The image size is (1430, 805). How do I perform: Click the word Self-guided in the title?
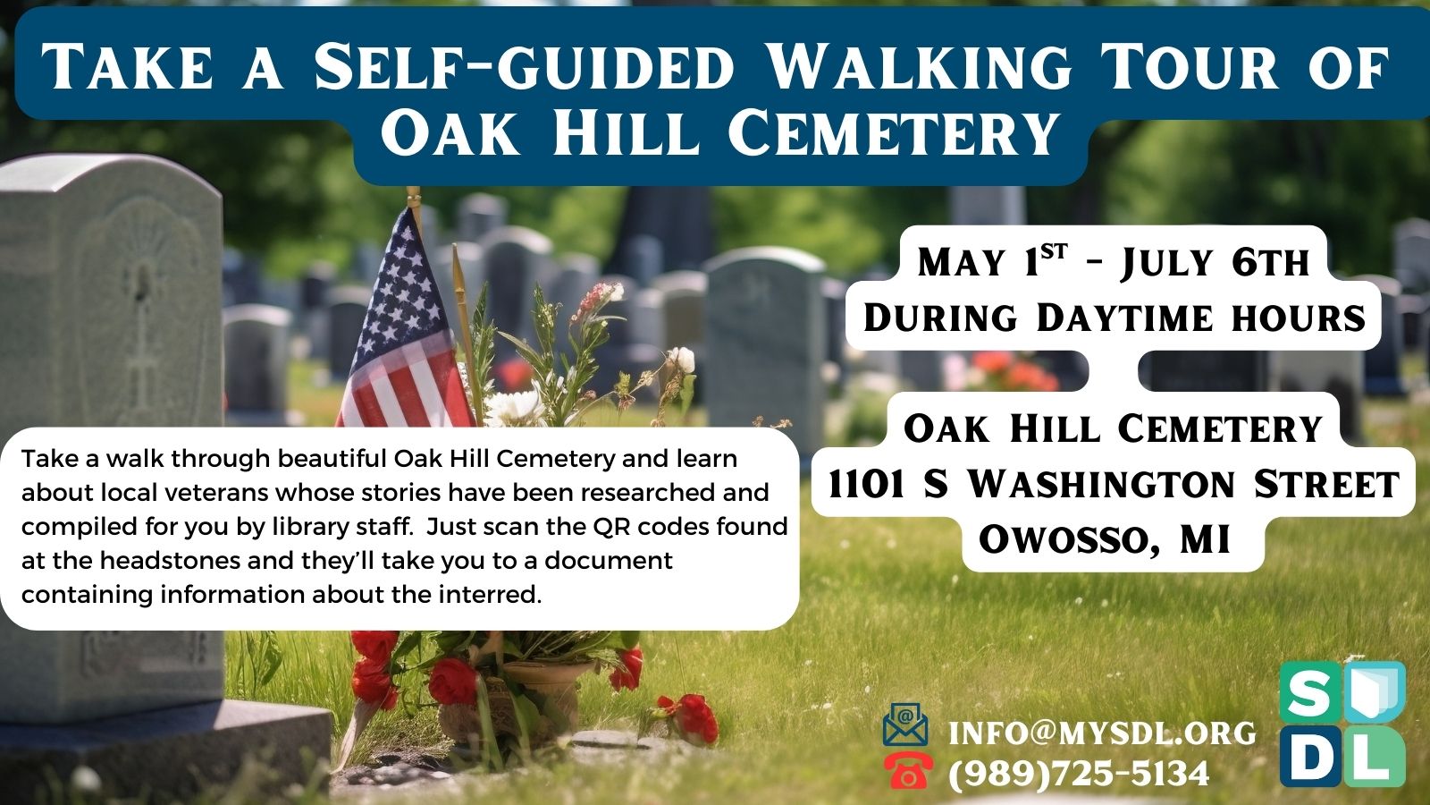pyautogui.click(x=524, y=66)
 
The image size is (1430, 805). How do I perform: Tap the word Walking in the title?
pyautogui.click(x=917, y=66)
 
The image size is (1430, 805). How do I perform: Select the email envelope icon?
pyautogui.click(x=905, y=724)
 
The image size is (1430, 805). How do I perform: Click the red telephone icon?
pyautogui.click(x=908, y=771)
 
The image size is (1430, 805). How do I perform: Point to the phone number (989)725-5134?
pyautogui.click(x=1079, y=773)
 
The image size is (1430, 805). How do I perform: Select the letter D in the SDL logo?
pyautogui.click(x=1308, y=756)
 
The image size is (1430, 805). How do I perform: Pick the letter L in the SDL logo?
pyautogui.click(x=1373, y=756)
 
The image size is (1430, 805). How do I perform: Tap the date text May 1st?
pyautogui.click(x=992, y=262)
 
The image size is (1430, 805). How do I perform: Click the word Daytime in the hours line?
pyautogui.click(x=1124, y=318)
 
